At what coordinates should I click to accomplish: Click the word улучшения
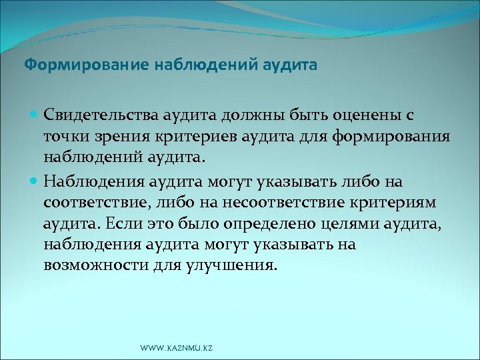click(231, 266)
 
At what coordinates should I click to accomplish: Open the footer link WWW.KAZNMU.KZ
click(177, 348)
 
